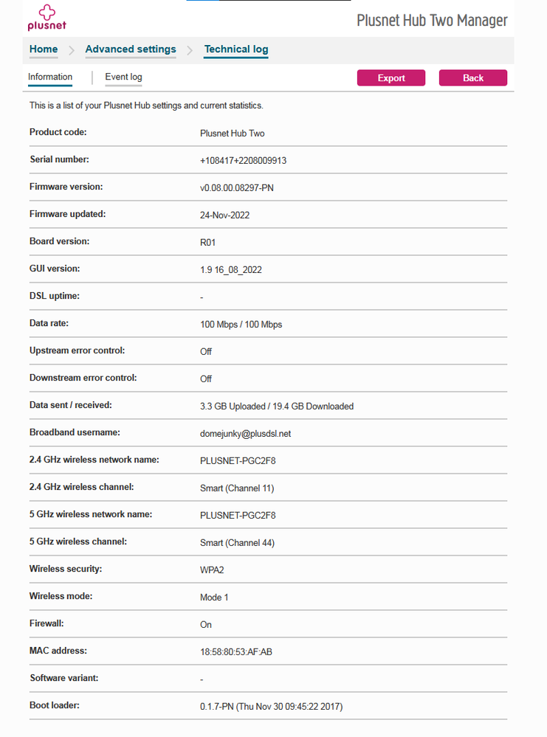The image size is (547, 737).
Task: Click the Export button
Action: (x=391, y=78)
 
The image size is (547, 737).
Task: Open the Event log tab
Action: (x=123, y=77)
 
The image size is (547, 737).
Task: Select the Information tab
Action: (x=50, y=77)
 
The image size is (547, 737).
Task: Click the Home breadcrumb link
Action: (x=44, y=49)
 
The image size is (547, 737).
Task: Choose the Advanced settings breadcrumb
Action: (x=131, y=49)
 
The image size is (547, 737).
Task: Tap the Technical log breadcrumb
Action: (x=236, y=49)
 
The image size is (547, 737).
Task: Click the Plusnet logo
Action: (x=46, y=17)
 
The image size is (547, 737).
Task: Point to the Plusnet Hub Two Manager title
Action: (x=432, y=20)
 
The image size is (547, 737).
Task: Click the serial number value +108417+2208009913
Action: (x=243, y=161)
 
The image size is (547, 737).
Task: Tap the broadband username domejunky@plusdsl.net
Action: (x=245, y=434)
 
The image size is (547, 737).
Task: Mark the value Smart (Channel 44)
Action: (x=237, y=543)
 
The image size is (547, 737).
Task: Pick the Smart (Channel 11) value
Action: (x=237, y=488)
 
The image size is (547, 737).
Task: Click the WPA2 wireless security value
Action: (x=212, y=570)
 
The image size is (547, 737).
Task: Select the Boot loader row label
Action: (x=55, y=705)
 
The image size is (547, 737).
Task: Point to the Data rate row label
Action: (x=49, y=323)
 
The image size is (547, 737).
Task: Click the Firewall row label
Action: (x=47, y=623)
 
